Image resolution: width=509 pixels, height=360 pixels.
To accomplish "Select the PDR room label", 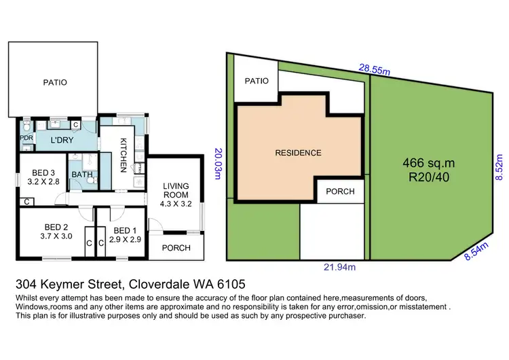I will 26,138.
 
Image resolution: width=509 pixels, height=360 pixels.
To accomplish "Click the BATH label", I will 83,174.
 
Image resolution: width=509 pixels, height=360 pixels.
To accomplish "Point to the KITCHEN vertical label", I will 124,156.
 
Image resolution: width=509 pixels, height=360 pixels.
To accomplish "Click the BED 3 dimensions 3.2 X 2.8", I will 42,183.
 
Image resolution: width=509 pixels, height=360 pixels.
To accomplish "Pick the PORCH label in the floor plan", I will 175,248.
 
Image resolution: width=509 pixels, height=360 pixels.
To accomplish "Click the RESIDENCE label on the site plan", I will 298,153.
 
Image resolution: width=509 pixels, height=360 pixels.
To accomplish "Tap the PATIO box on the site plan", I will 257,81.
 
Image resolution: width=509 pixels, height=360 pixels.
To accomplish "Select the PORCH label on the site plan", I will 340,192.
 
